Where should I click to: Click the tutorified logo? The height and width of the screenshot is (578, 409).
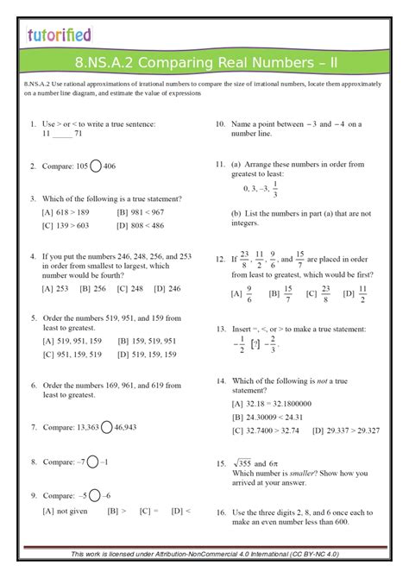point(59,35)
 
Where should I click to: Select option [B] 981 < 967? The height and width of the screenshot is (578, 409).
point(140,211)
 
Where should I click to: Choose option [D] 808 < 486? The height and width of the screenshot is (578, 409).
point(140,225)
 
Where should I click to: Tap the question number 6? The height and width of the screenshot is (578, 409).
point(33,384)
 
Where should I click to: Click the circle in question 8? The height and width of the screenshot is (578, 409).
point(91,462)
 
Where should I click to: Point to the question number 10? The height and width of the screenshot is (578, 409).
point(221,124)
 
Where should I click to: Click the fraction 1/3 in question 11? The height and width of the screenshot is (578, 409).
point(274,188)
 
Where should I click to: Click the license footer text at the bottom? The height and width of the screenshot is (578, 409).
point(204,553)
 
